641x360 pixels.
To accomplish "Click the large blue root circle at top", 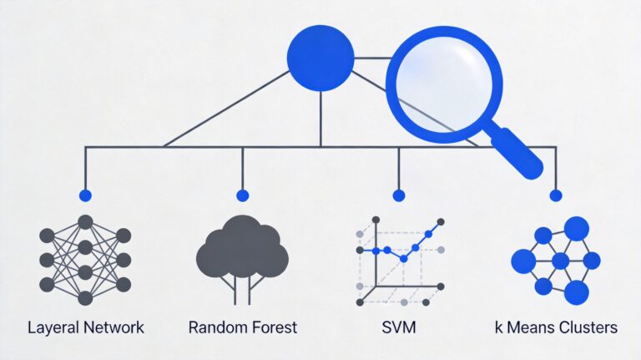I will coord(320,57).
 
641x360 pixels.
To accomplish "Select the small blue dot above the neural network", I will coord(84,195).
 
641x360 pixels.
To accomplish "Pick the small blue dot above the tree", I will coord(242,195).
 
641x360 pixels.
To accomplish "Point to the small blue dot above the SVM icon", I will coord(398,195).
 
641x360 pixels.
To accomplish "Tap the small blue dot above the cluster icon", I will coord(555,195).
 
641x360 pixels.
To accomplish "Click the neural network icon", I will coord(84,259).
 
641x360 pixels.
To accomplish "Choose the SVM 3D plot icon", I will coord(398,259).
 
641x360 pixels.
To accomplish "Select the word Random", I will coord(215,327).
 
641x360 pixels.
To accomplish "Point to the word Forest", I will coord(272,327).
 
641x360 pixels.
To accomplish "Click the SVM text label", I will coord(398,327).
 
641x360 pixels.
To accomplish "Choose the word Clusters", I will coord(589,327).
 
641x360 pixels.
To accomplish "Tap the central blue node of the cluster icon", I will coord(560,261).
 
